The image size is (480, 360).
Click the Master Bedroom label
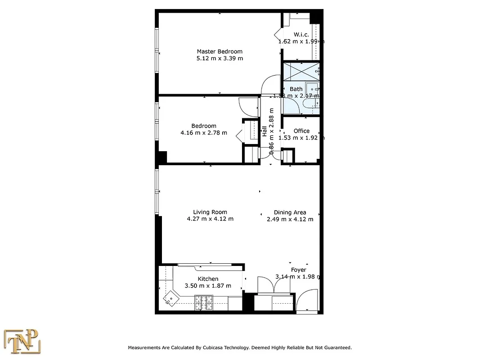220,51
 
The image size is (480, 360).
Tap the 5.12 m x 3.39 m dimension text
220,58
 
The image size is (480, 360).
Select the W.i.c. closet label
301,35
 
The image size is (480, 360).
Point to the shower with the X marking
300,71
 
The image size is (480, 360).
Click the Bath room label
296,89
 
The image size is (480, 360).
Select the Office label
301,131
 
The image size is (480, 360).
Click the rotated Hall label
265,131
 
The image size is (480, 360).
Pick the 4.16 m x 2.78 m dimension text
204,133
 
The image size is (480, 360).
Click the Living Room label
210,212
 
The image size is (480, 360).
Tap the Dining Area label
290,212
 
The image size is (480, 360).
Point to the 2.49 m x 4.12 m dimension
290,219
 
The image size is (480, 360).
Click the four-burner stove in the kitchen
204,301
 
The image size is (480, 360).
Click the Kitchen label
208,279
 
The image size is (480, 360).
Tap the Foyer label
298,270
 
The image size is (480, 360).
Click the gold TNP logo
22,342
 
